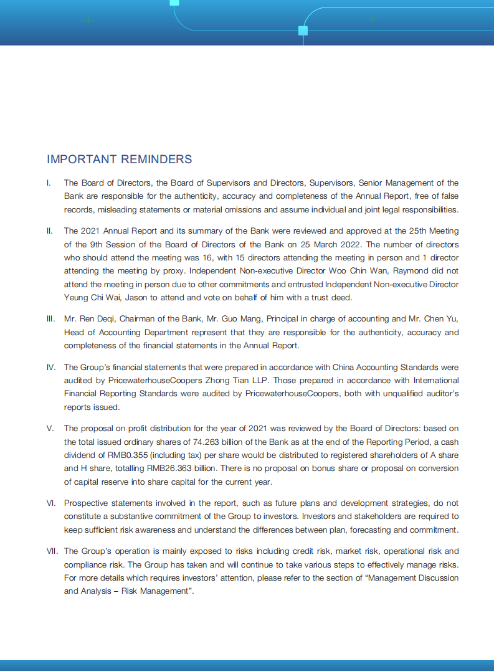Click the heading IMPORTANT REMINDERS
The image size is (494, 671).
coord(119,159)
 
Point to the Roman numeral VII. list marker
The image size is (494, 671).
coord(52,551)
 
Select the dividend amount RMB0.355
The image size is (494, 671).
coord(124,455)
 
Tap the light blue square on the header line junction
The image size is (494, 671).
coord(303,31)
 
